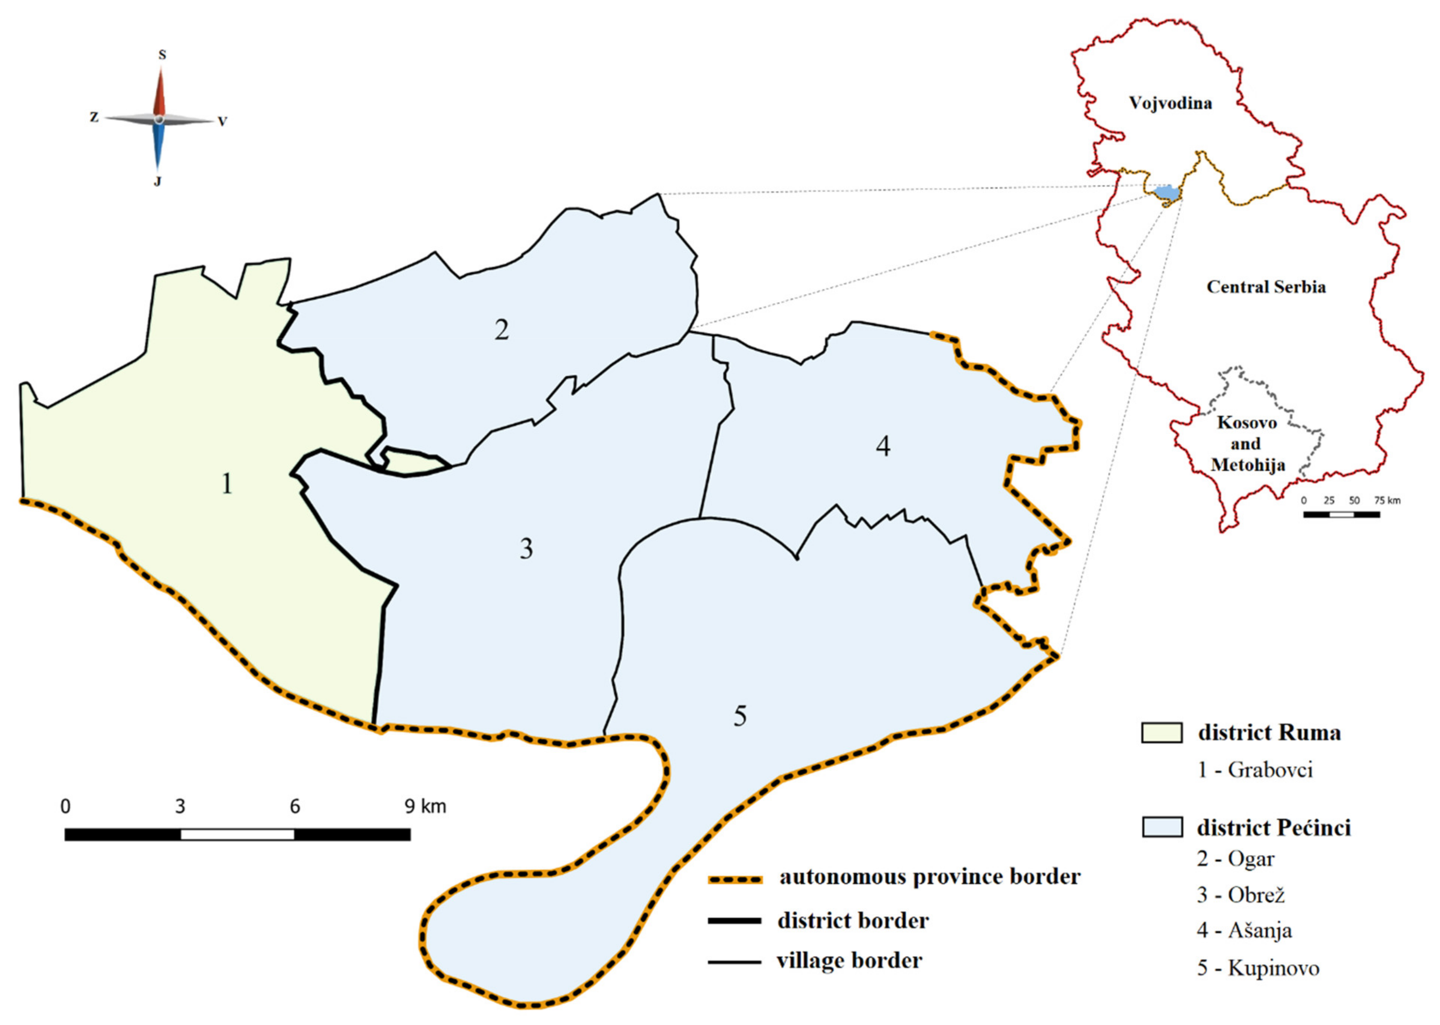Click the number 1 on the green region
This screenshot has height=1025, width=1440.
[227, 484]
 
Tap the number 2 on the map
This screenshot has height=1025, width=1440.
[501, 329]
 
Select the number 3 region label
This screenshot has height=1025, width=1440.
[526, 549]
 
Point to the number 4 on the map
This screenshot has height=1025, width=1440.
[883, 446]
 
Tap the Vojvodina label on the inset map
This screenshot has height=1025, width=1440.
[1170, 103]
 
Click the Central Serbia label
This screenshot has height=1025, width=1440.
[1266, 287]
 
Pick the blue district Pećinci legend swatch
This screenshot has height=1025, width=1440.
[1162, 827]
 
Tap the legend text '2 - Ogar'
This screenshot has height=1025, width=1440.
[1236, 859]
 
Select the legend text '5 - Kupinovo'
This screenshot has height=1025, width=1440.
[1258, 968]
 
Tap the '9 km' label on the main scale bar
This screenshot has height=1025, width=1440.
[424, 806]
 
